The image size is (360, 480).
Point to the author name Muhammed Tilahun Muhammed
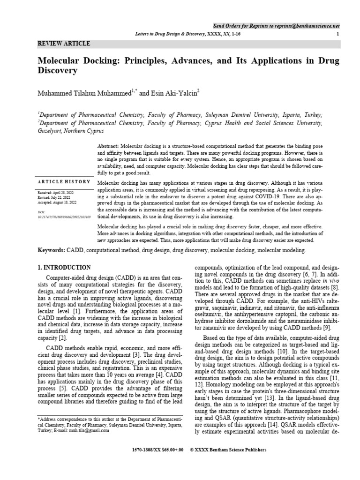pos(85,93)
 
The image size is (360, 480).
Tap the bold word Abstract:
pos(108,146)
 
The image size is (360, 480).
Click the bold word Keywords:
pos(52,251)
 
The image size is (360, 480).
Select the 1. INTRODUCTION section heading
pos(64,268)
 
